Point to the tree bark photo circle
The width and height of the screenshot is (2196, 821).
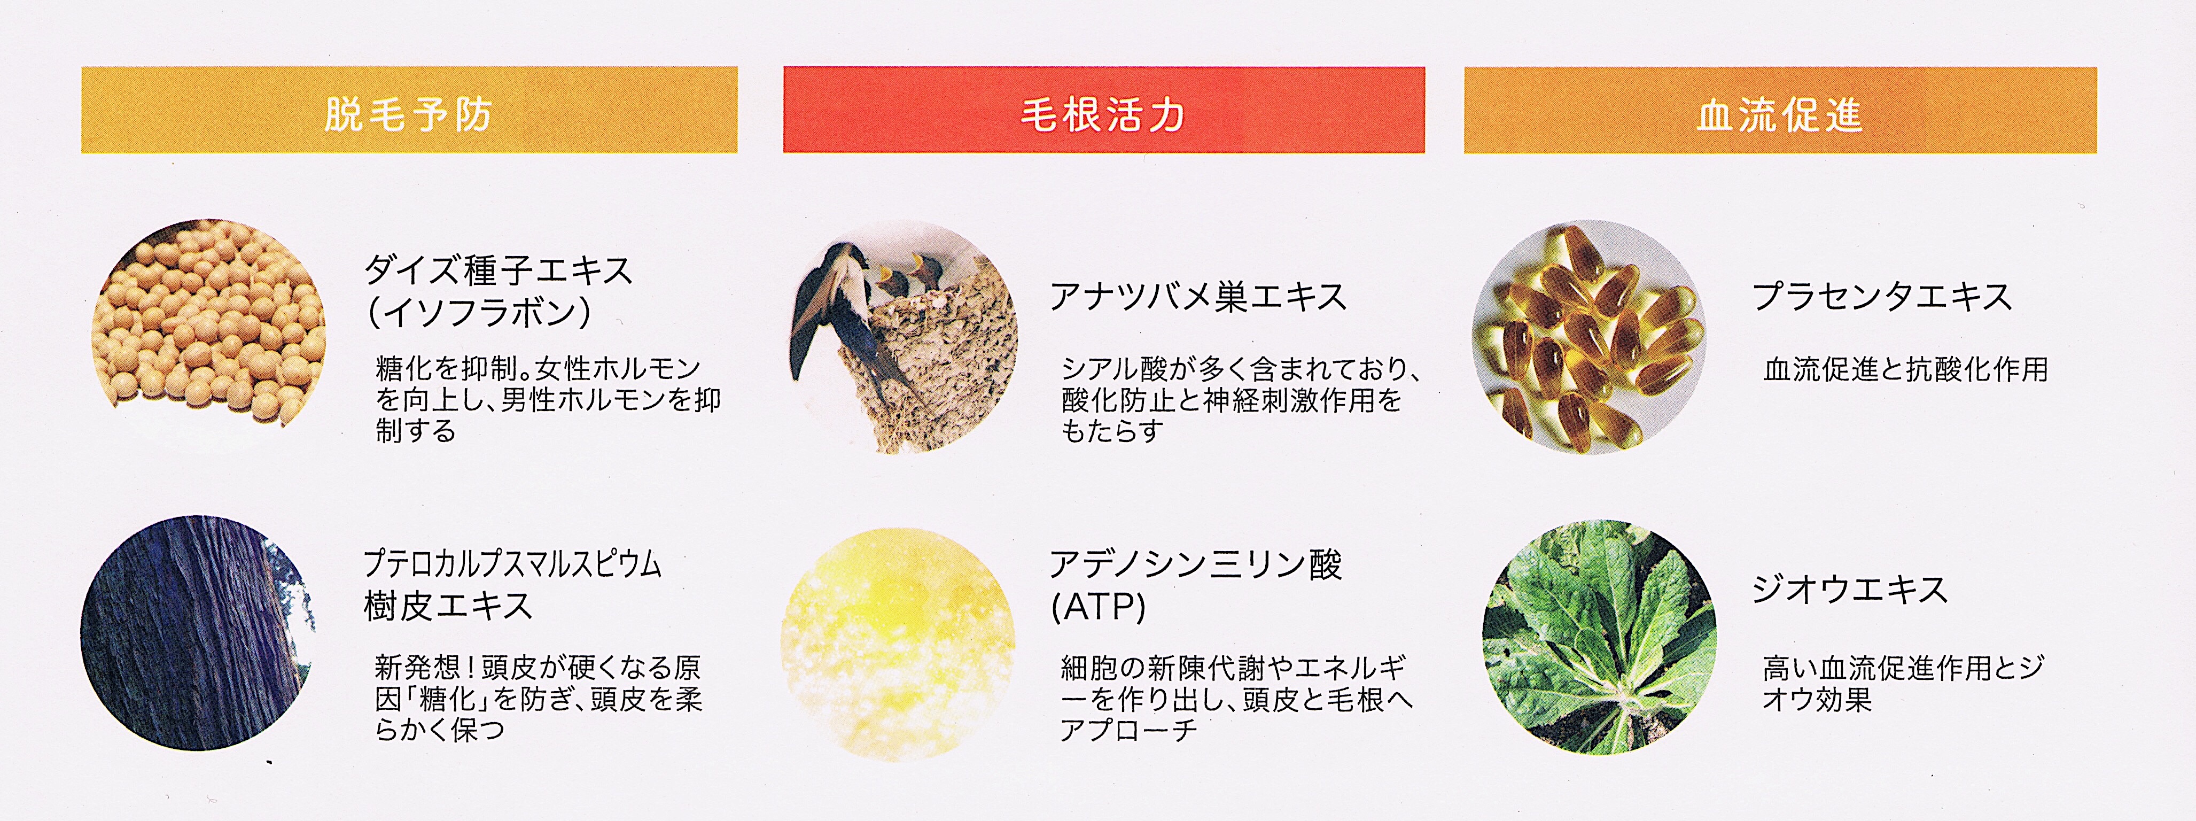(198, 633)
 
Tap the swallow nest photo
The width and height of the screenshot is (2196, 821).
(904, 337)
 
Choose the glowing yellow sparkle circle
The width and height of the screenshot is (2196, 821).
(898, 645)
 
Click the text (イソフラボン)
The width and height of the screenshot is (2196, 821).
(479, 313)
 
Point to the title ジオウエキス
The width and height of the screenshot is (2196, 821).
(1850, 589)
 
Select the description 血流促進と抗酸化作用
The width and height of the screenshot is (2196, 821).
(1905, 369)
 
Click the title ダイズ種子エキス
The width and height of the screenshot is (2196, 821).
(499, 270)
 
